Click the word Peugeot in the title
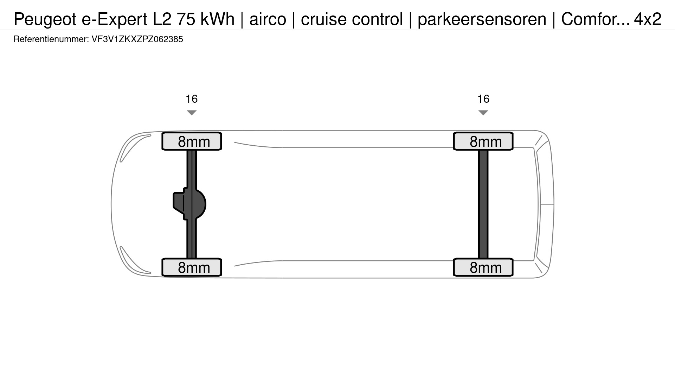(45, 19)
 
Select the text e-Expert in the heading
(115, 19)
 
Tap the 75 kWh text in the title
(206, 19)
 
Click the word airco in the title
(268, 19)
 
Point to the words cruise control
(352, 19)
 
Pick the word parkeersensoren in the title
(482, 19)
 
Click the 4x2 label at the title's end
(648, 19)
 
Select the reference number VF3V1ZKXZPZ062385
(137, 39)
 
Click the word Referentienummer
(51, 39)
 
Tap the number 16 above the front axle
(192, 99)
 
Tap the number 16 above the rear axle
(483, 99)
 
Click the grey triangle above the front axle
(192, 113)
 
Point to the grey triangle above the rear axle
(483, 113)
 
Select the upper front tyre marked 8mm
(192, 141)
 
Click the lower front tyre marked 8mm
(192, 267)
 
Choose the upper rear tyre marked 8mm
(483, 141)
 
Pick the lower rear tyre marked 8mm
(483, 267)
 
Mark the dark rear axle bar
(483, 204)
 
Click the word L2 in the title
(162, 19)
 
